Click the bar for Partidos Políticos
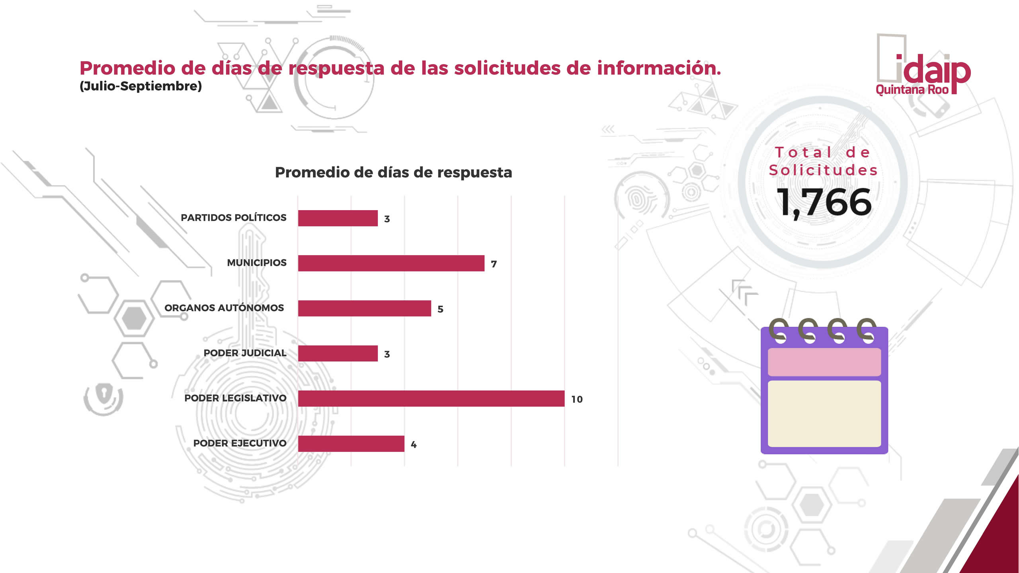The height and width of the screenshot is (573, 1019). pos(338,218)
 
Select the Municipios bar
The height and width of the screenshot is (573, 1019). pos(391,263)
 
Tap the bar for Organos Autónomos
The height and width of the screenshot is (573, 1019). pos(364,308)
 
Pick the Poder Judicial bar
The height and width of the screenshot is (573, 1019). pos(338,353)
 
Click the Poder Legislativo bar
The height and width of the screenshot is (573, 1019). pos(431,398)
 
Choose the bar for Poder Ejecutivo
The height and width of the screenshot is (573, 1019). pos(351,444)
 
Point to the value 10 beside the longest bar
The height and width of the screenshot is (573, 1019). pos(577,399)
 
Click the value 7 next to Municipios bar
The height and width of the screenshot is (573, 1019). pos(494,264)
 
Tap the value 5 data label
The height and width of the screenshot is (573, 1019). pos(440,309)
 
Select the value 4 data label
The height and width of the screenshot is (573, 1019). pos(414,444)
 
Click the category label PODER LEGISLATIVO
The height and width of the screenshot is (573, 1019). pos(235,398)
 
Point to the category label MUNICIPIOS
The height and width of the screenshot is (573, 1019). pos(257,263)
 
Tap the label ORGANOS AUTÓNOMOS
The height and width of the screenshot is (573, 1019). pos(224,308)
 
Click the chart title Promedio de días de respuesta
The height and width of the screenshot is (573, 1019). pos(393,172)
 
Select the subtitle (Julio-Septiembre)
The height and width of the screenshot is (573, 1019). pos(141,86)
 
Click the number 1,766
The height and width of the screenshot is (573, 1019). pos(824,202)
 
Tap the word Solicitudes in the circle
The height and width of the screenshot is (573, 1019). pos(823,170)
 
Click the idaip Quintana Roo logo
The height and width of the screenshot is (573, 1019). pos(923,66)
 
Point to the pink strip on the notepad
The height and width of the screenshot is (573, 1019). pos(824,362)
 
